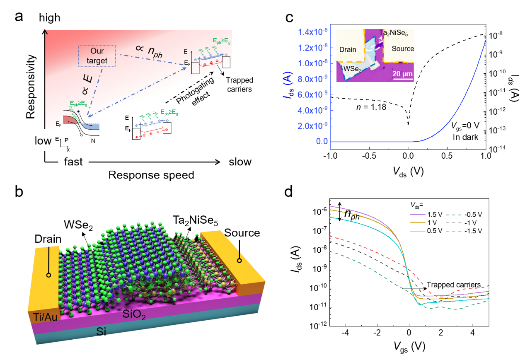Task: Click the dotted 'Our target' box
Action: click(97, 56)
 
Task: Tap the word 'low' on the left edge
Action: click(43, 141)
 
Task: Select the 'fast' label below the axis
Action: click(73, 162)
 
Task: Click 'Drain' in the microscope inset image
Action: click(348, 50)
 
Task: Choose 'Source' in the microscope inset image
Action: click(402, 48)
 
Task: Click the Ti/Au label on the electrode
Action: click(43, 318)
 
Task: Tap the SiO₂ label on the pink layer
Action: click(134, 314)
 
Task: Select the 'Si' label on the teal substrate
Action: click(101, 331)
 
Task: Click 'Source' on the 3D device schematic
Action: click(242, 233)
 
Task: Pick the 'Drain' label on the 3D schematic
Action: click(48, 239)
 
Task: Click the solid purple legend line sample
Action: click(418, 215)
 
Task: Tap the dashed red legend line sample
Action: click(453, 230)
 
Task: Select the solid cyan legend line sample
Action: click(418, 230)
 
